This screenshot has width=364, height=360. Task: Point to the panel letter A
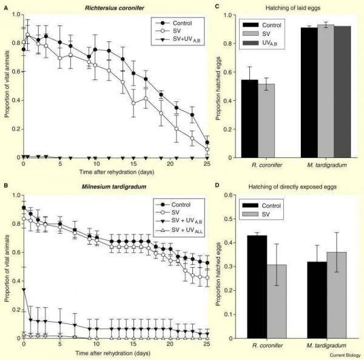click(x=4, y=5)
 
